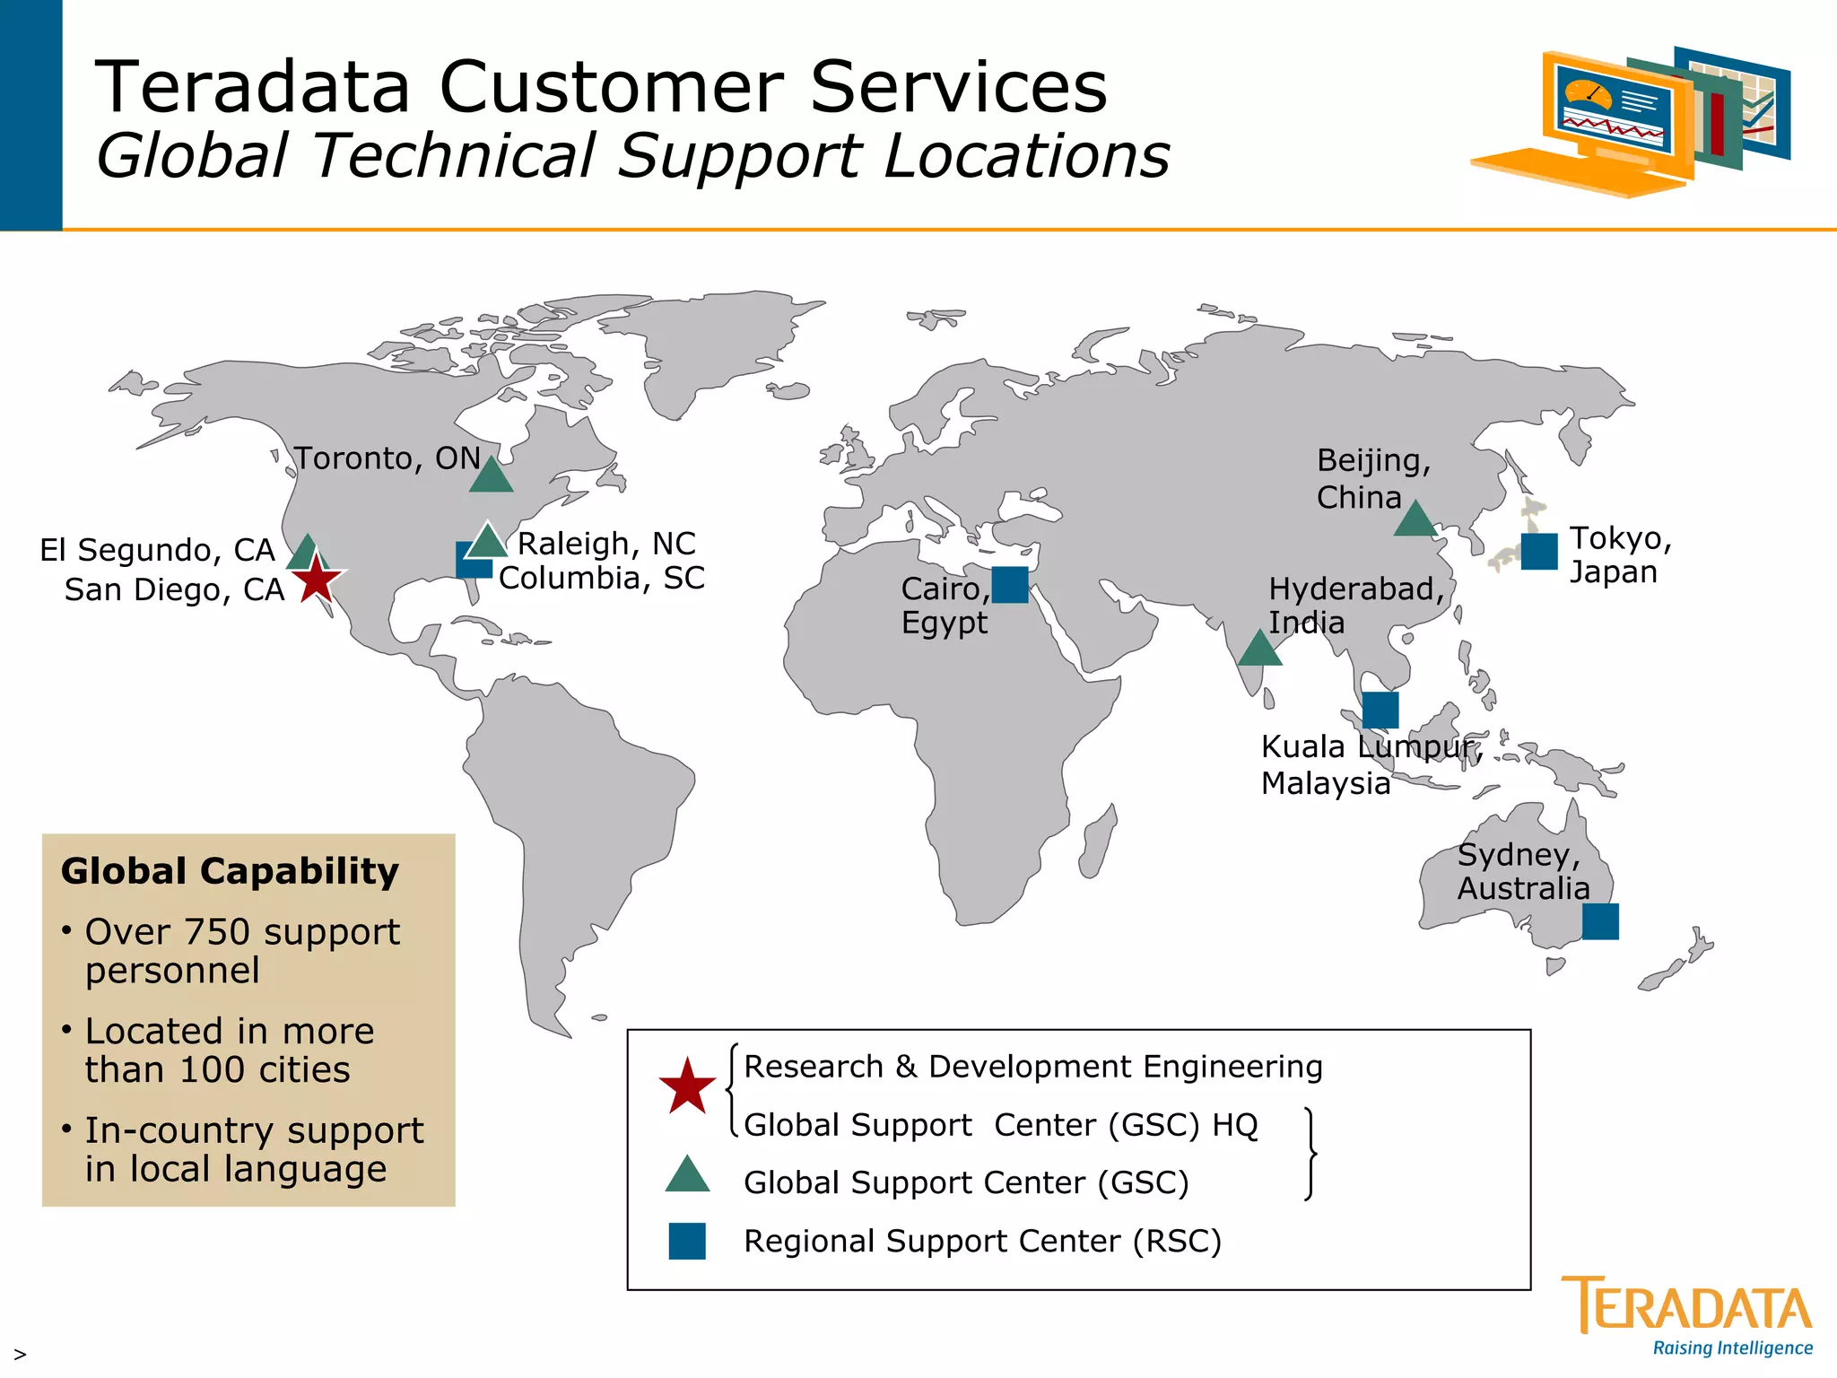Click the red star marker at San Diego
(316, 579)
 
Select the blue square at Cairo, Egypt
(1009, 585)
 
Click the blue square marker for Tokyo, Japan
(1538, 552)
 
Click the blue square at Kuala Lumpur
(1380, 711)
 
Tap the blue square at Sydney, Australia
(1599, 921)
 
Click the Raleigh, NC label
(606, 544)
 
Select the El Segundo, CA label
(157, 550)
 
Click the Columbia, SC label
(601, 579)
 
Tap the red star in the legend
(687, 1086)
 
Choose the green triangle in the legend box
(687, 1176)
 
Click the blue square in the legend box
(687, 1241)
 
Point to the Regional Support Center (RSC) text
(982, 1242)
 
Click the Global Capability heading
(230, 871)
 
